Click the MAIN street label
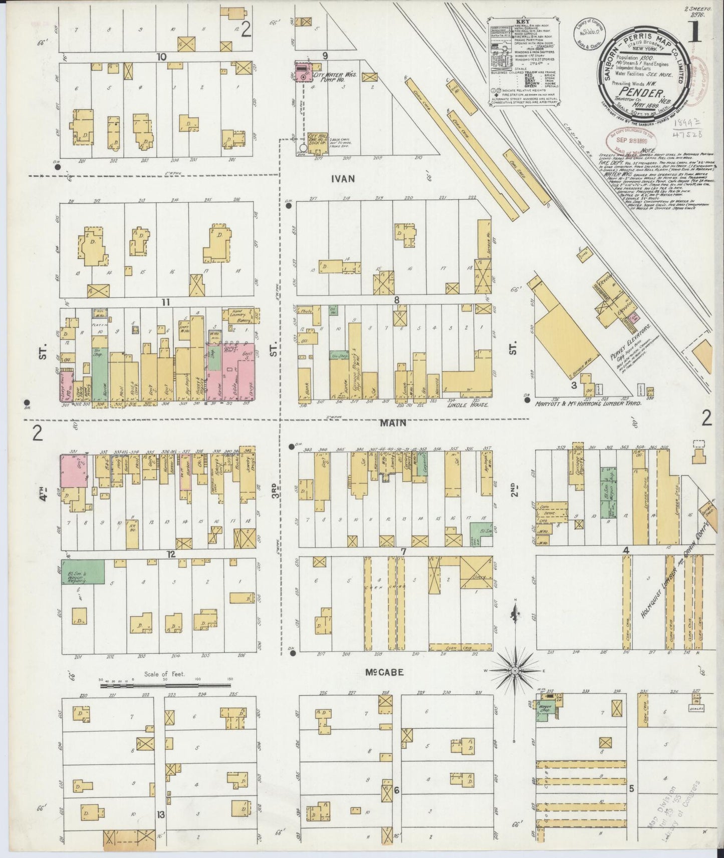[x=393, y=423]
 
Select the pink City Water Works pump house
[x=303, y=72]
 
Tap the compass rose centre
[x=515, y=670]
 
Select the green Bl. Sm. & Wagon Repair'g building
[x=83, y=571]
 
